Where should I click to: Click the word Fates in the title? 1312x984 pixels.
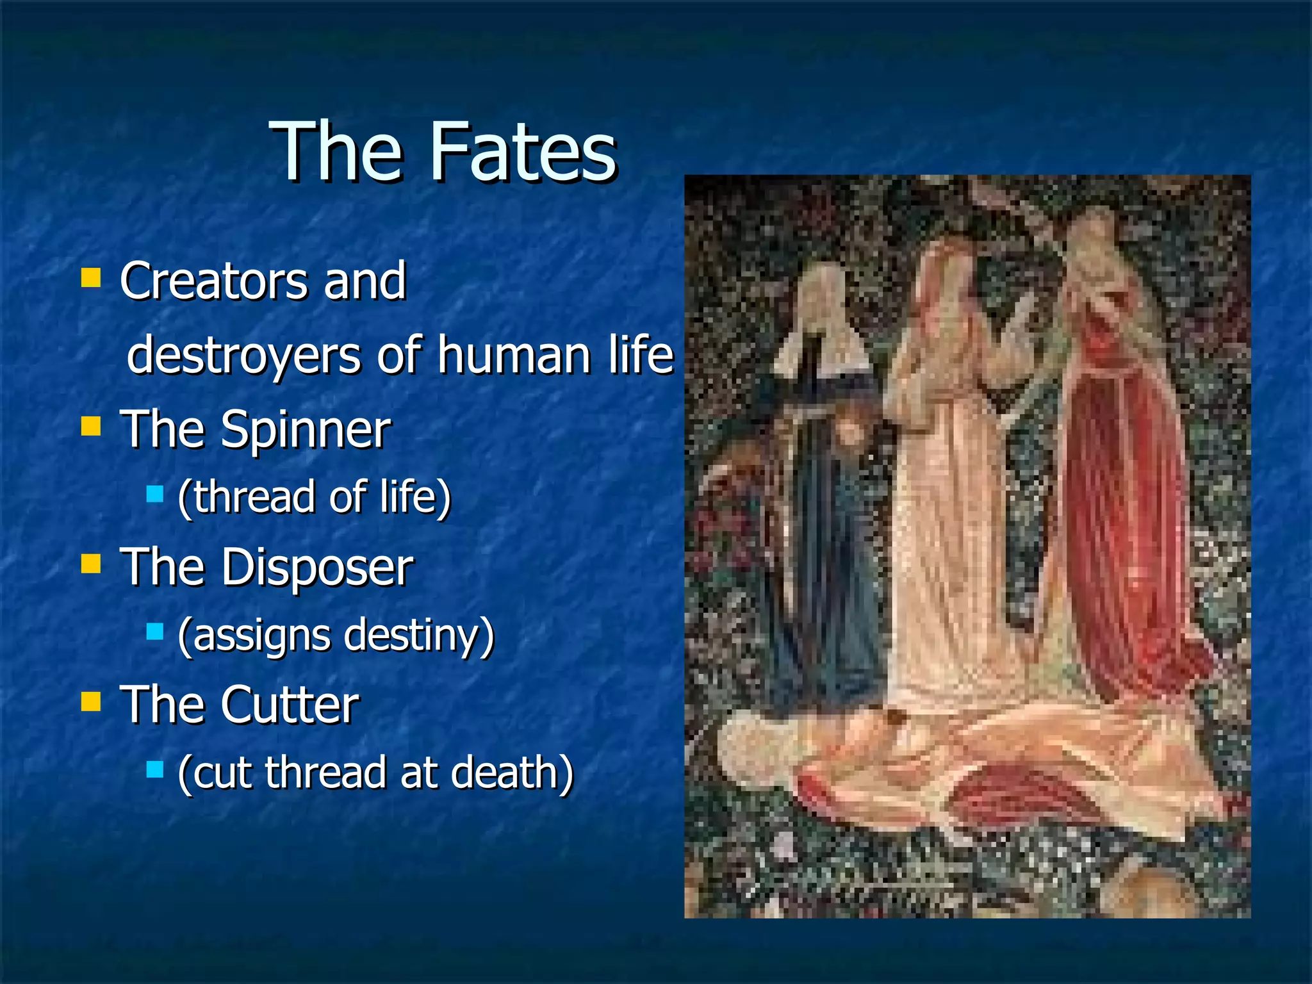click(x=523, y=153)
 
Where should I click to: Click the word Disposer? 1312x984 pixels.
click(x=317, y=567)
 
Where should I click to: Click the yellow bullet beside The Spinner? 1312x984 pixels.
click(x=91, y=426)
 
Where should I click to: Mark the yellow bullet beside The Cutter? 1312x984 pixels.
click(x=91, y=701)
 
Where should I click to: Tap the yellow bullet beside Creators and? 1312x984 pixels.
click(x=91, y=277)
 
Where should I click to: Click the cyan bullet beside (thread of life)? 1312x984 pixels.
click(x=154, y=494)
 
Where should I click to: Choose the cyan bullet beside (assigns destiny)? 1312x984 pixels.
click(x=154, y=632)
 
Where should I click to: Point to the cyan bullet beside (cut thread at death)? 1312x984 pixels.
click(x=154, y=769)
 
